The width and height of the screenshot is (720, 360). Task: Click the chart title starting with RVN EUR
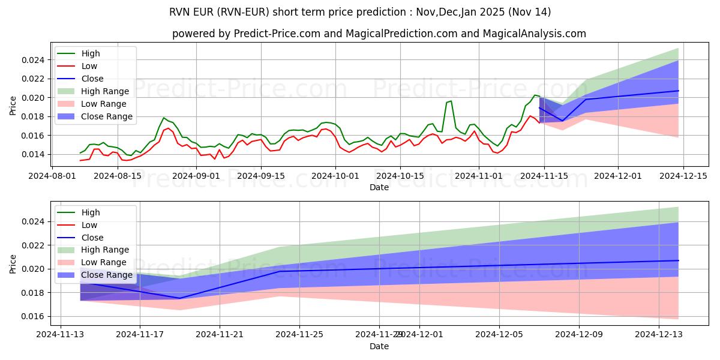tap(359, 12)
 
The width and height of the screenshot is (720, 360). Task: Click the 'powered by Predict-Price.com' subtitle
tap(379, 34)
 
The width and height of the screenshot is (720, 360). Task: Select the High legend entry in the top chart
tap(91, 53)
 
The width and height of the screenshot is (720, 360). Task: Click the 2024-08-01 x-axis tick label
tap(52, 176)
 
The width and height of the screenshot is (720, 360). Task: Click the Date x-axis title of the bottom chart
tap(379, 347)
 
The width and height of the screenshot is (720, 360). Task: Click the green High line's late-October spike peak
tap(451, 101)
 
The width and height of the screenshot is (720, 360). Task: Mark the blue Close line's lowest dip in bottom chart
tap(179, 298)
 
